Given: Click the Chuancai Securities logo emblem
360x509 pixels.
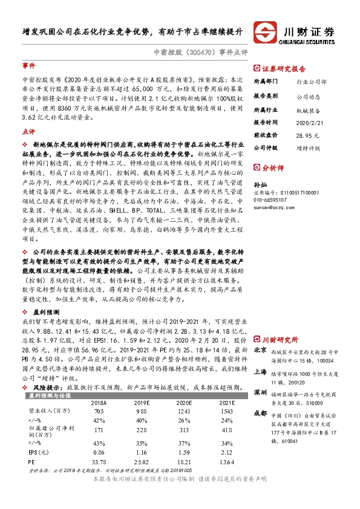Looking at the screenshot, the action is click(x=264, y=32).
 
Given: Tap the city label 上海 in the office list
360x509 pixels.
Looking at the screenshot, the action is click(x=260, y=372).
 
